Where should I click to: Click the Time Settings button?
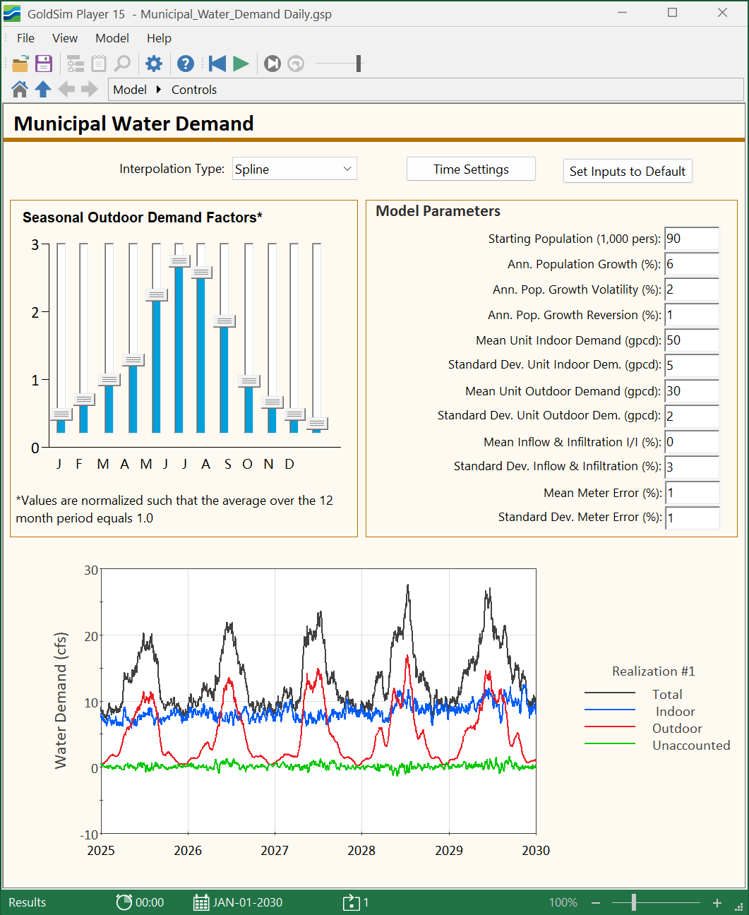pos(471,169)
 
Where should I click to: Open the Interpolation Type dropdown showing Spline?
pos(294,169)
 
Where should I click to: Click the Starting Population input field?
pos(691,239)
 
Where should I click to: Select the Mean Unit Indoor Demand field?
pos(691,340)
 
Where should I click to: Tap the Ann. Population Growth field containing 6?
pos(691,264)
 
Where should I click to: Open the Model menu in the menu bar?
pos(112,38)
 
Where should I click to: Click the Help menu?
pos(159,38)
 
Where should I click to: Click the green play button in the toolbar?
pos(241,64)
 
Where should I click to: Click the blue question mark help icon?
pos(186,64)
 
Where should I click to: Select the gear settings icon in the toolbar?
pos(153,64)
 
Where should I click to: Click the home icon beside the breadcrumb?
pos(20,90)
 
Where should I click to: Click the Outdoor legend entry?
pos(677,729)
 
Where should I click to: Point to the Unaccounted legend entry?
pos(691,746)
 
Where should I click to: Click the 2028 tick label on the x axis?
pos(361,850)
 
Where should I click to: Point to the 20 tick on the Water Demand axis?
pos(92,636)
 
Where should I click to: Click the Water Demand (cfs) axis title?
pos(61,700)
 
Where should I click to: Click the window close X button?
pos(722,13)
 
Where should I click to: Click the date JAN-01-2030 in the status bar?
pos(247,902)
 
